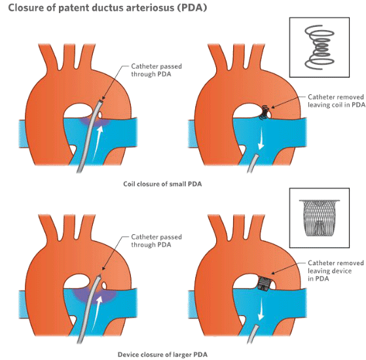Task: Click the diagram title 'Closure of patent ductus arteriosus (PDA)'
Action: click(x=107, y=8)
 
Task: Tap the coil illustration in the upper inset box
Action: click(x=320, y=47)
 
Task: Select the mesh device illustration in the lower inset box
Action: click(x=320, y=218)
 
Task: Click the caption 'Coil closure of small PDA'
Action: click(x=162, y=184)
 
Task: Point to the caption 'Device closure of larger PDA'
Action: click(x=162, y=355)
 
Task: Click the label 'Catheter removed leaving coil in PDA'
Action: click(x=336, y=101)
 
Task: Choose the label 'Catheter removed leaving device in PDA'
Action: click(x=336, y=270)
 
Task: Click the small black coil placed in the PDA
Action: click(x=265, y=113)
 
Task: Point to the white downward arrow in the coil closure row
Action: click(x=261, y=139)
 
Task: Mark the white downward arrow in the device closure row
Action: click(x=261, y=309)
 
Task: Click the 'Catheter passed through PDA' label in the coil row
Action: click(x=156, y=70)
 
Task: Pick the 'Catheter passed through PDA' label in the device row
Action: click(x=156, y=241)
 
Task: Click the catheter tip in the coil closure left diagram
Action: click(x=101, y=101)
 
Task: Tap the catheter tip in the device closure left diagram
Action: click(x=100, y=276)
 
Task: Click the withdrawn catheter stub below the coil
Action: click(x=253, y=164)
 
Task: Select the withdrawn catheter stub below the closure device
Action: click(x=253, y=334)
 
